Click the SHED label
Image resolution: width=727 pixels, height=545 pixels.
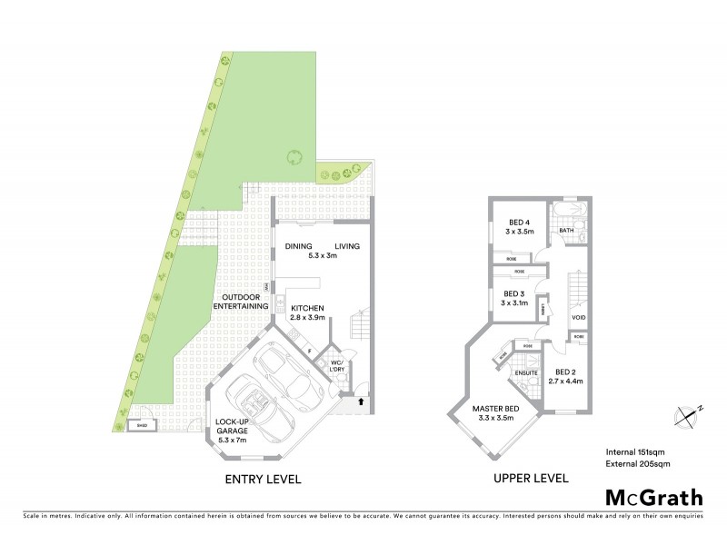[141, 424]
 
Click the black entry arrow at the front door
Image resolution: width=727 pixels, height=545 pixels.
[362, 400]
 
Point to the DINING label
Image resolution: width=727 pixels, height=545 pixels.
[299, 245]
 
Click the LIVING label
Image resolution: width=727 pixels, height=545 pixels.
[347, 245]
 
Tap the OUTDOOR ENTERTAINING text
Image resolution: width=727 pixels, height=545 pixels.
[240, 302]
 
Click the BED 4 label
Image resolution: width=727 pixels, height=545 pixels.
[519, 223]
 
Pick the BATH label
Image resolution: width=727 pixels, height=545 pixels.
[566, 231]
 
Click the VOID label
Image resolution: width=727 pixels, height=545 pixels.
[579, 317]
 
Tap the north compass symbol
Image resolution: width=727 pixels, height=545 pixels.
[688, 413]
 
